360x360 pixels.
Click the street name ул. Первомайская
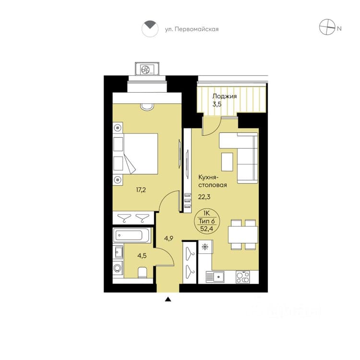(x=192, y=29)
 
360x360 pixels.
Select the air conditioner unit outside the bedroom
(x=147, y=69)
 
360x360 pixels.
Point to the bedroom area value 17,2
(x=141, y=190)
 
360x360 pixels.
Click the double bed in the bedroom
(x=141, y=154)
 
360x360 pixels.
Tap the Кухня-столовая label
(x=212, y=181)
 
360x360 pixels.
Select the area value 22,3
(x=204, y=197)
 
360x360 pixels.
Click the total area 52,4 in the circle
(x=206, y=228)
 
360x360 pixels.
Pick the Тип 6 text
(x=206, y=221)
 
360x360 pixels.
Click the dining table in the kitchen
(x=243, y=234)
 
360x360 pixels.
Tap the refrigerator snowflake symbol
(x=204, y=247)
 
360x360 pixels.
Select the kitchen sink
(x=215, y=276)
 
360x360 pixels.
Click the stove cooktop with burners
(x=243, y=277)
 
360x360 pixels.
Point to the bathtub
(x=132, y=235)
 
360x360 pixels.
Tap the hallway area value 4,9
(x=168, y=239)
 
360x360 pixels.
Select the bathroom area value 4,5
(x=142, y=255)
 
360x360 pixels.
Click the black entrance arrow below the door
(x=168, y=299)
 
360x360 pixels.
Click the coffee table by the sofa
(x=228, y=162)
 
